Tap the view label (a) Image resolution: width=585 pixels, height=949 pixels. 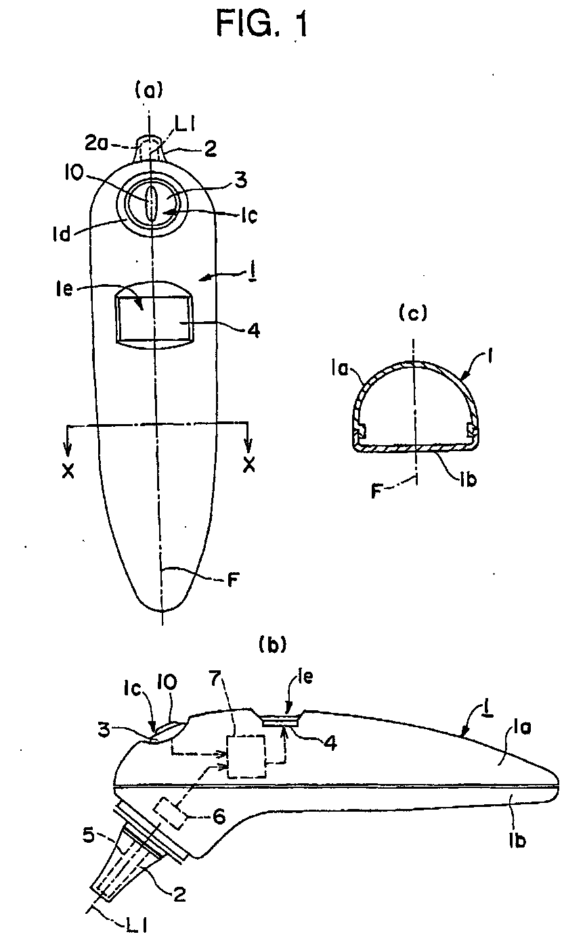[x=150, y=88]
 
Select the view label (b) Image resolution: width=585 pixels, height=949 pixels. [x=274, y=644]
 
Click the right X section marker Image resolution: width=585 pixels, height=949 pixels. [x=249, y=467]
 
